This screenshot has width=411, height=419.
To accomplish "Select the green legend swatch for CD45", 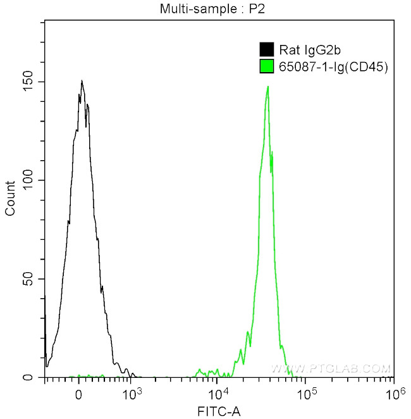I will [266, 65].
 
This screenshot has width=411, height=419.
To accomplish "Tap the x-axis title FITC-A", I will [219, 411].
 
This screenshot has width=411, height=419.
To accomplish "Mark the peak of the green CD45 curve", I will [268, 87].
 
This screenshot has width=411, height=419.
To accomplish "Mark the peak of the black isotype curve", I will [82, 80].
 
